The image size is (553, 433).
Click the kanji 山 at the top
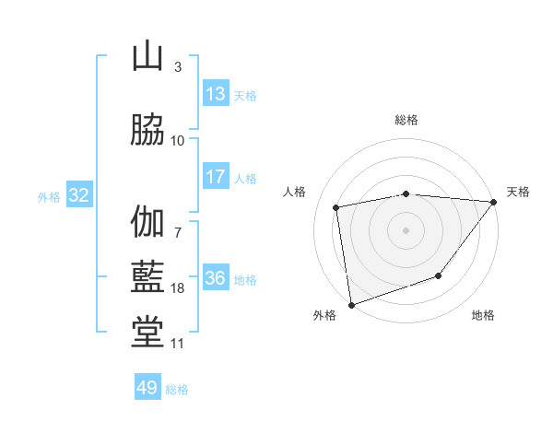click(147, 58)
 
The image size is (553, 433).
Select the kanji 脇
click(147, 130)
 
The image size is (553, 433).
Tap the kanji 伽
click(147, 224)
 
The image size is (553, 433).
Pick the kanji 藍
click(147, 277)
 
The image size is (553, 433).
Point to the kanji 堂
click(147, 333)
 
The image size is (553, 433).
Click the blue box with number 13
click(216, 94)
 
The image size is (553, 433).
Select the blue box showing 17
click(216, 177)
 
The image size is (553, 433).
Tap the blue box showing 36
click(216, 278)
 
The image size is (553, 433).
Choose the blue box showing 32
click(78, 195)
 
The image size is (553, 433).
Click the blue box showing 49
click(147, 388)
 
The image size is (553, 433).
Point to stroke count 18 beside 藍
click(178, 288)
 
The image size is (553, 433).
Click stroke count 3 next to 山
click(178, 66)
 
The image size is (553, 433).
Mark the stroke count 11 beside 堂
click(178, 344)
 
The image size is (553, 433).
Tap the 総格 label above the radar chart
click(406, 120)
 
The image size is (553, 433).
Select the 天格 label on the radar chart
click(518, 192)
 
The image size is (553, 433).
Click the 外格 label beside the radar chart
click(324, 316)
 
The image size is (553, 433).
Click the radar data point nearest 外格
click(351, 303)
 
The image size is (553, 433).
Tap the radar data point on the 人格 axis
click(336, 207)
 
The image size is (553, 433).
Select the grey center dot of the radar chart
click(406, 229)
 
